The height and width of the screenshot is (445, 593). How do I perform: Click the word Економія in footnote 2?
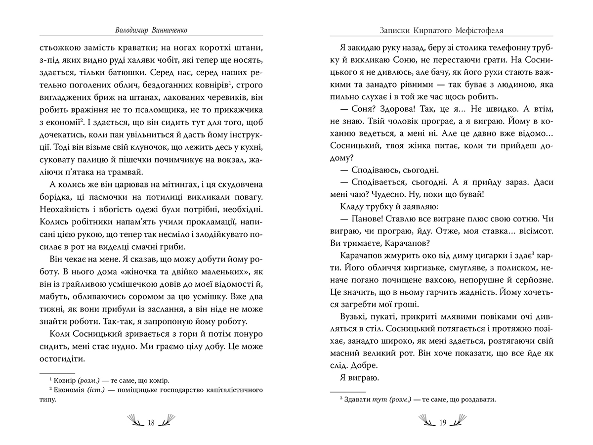pos(71,391)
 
